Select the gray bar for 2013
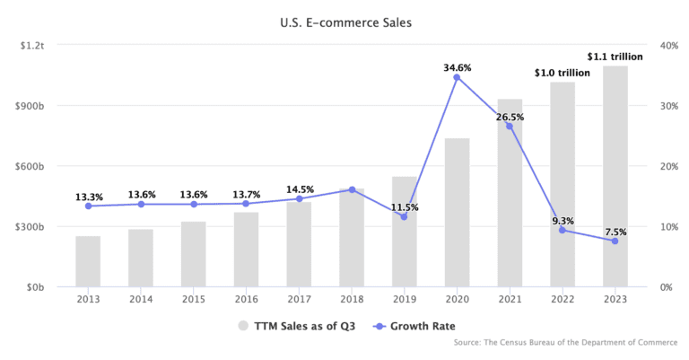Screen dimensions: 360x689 point(88,262)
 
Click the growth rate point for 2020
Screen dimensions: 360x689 point(457,77)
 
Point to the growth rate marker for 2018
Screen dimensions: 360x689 point(352,189)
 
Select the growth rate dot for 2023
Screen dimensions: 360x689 point(615,241)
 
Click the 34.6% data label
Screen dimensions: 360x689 point(457,67)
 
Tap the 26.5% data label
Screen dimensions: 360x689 point(510,117)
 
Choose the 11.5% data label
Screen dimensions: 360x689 point(405,207)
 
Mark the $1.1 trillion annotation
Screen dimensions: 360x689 point(615,57)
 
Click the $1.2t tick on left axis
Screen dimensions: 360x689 point(33,45)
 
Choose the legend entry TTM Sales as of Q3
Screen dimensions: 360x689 point(296,326)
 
